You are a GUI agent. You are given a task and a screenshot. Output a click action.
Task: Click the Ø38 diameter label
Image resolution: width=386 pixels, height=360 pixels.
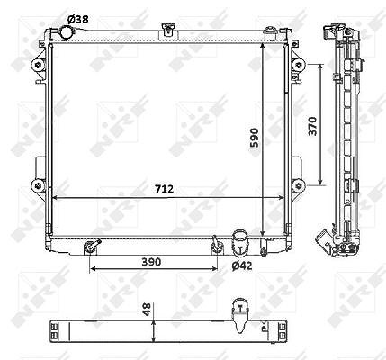78,19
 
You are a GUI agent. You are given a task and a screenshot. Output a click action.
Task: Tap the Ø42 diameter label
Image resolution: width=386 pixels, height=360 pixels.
242,265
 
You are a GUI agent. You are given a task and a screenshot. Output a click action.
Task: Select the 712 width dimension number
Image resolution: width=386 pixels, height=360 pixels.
164,189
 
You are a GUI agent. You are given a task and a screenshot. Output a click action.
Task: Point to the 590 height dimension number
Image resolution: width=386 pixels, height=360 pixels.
255,138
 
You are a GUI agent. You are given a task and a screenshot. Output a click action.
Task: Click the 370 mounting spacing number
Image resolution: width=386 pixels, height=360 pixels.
312,126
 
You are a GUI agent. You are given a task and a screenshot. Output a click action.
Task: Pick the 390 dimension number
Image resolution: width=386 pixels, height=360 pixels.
151,262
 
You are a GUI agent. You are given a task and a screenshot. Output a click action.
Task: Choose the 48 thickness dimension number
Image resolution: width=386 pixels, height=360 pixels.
147,310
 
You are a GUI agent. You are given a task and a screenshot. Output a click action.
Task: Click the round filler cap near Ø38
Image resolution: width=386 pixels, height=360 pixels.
66,32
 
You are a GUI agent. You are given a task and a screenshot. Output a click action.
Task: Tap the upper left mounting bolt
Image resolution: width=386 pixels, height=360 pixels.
38,65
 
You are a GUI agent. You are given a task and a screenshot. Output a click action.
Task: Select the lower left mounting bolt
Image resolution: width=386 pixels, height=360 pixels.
38,185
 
